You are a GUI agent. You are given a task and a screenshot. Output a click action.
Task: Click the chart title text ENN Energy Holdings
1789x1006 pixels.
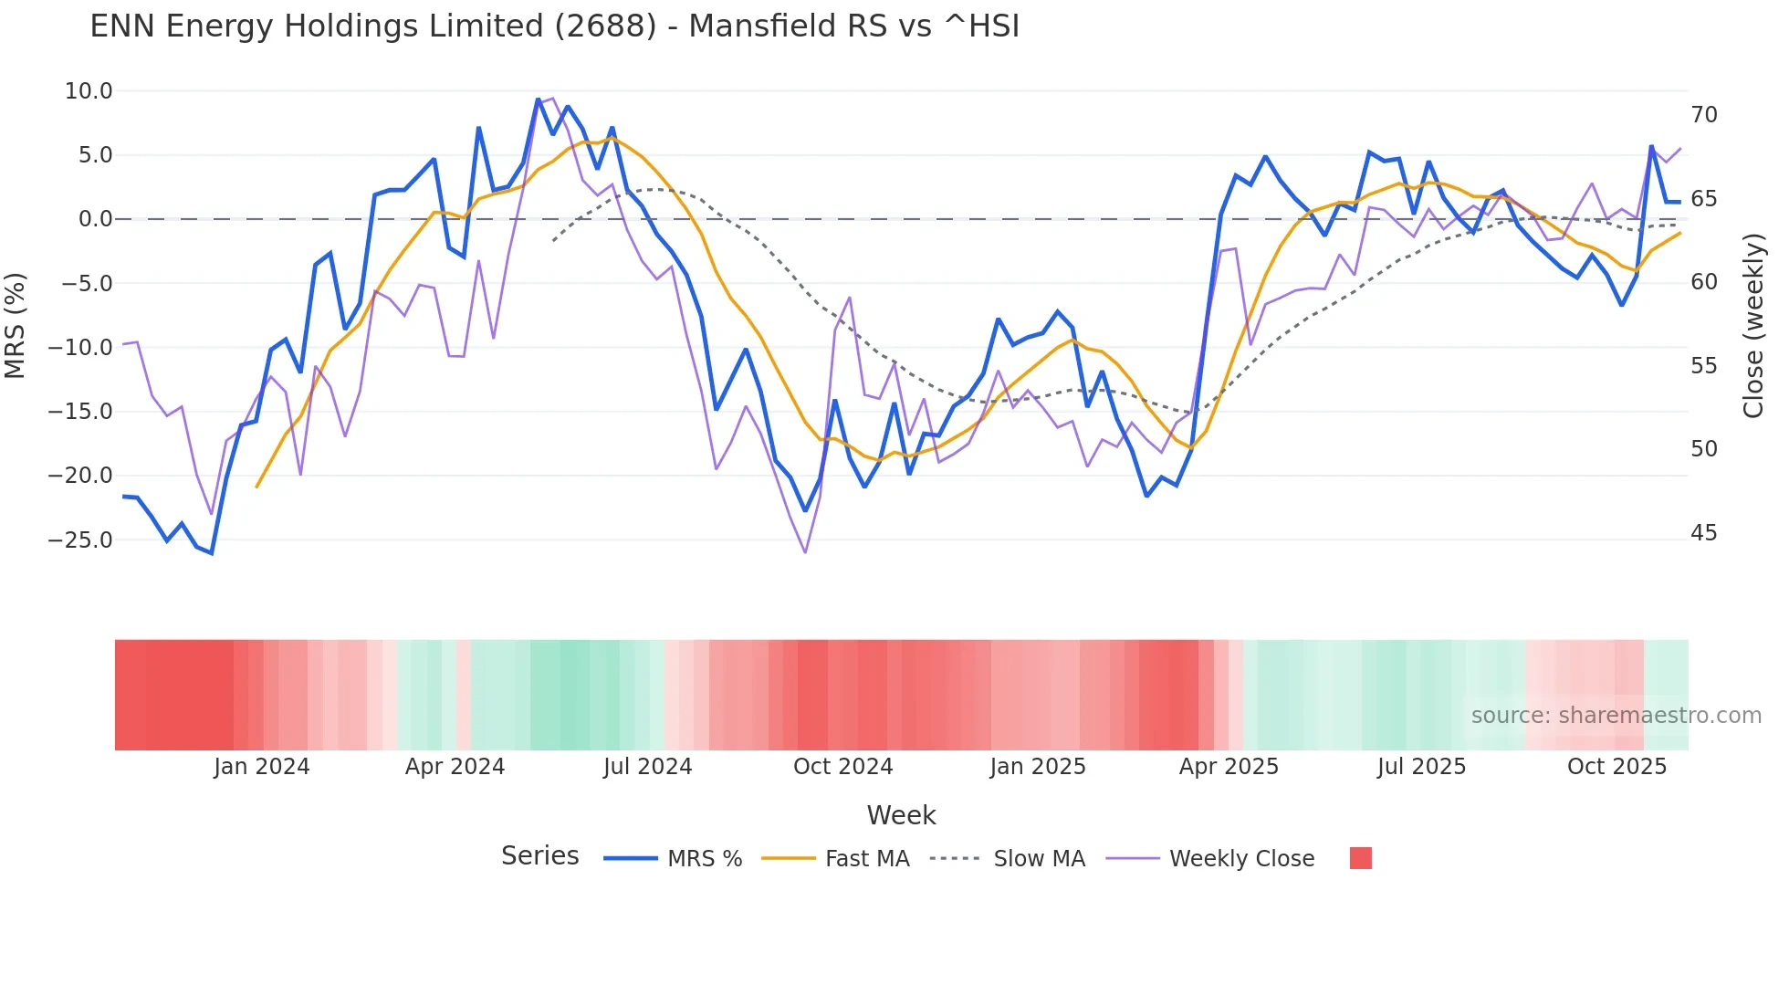pyautogui.click(x=554, y=26)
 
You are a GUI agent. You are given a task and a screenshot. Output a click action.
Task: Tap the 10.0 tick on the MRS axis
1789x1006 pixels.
pyautogui.click(x=89, y=91)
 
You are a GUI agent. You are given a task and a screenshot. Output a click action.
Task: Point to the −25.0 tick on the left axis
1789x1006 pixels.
pyautogui.click(x=80, y=540)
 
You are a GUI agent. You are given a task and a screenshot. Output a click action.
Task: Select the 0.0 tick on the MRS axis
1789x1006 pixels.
pyautogui.click(x=95, y=219)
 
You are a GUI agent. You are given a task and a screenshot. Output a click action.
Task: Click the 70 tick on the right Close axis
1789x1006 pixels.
pyautogui.click(x=1703, y=115)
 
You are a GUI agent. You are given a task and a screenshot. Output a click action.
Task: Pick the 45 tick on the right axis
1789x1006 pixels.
pyautogui.click(x=1703, y=533)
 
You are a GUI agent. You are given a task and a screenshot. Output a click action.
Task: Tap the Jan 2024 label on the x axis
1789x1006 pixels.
pyautogui.click(x=262, y=767)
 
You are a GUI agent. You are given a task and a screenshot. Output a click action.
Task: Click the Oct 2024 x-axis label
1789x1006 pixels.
pyautogui.click(x=842, y=767)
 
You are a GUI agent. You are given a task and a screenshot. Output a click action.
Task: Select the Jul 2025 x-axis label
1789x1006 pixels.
pyautogui.click(x=1421, y=767)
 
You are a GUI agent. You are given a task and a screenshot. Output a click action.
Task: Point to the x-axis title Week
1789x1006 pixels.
pyautogui.click(x=901, y=815)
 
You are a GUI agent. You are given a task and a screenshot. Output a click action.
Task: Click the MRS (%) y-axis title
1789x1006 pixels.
pyautogui.click(x=16, y=325)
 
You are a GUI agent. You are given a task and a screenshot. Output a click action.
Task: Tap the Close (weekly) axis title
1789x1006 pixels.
pyautogui.click(x=1752, y=326)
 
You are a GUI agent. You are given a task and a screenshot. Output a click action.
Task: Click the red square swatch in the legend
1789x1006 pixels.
pyautogui.click(x=1360, y=858)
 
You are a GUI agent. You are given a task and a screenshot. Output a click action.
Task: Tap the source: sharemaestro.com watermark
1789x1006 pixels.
pyautogui.click(x=1616, y=716)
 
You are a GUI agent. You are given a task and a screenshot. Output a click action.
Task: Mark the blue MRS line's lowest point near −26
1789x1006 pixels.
pyautogui.click(x=212, y=553)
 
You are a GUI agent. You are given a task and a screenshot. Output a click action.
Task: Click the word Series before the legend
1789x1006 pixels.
pyautogui.click(x=539, y=856)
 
